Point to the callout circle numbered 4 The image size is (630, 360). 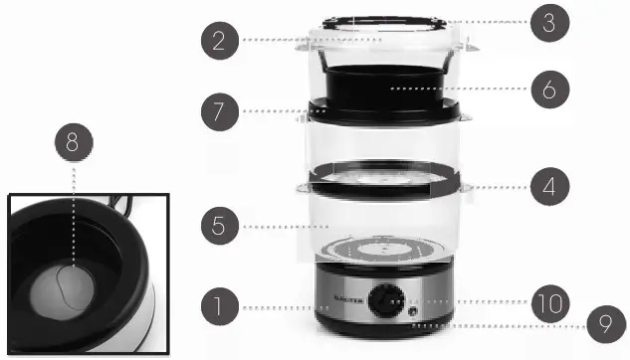(547, 187)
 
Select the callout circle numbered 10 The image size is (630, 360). (547, 301)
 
